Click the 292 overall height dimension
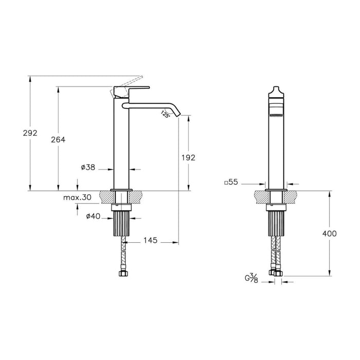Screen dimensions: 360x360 pos(30,133)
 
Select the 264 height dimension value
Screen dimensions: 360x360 pos(60,139)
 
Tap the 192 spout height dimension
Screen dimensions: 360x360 pos(189,157)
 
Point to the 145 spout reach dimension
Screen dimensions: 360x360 pos(150,241)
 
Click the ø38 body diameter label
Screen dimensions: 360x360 pos(88,168)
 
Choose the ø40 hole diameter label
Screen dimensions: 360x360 pos(93,217)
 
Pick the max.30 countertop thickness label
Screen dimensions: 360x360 pos(77,197)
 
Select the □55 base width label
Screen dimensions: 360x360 pos(232,182)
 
